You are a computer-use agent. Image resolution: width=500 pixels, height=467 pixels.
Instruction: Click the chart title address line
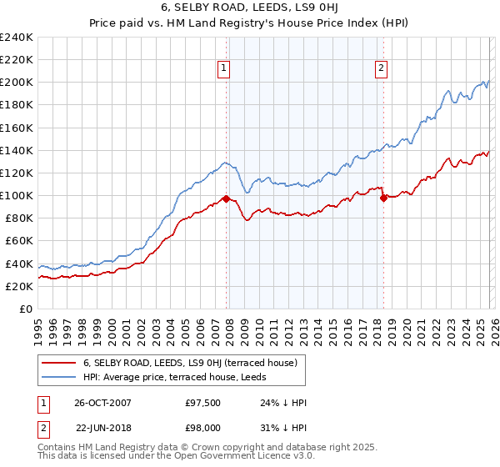tap(250, 8)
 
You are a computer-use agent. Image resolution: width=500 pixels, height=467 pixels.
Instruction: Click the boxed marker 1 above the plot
tap(225, 69)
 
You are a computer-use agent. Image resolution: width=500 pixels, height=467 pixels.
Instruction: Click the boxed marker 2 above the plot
tap(381, 69)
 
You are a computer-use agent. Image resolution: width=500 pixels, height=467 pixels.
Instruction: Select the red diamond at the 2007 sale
tap(226, 198)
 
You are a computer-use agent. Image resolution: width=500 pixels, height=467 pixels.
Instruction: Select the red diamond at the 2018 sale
tap(383, 198)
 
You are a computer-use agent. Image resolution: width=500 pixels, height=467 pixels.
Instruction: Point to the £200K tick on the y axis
tap(17, 83)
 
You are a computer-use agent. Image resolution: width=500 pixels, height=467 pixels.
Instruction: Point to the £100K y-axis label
tap(17, 195)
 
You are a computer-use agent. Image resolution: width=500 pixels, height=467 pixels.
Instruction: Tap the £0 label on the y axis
tap(25, 309)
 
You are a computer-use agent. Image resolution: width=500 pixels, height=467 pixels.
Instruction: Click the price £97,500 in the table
tap(203, 402)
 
